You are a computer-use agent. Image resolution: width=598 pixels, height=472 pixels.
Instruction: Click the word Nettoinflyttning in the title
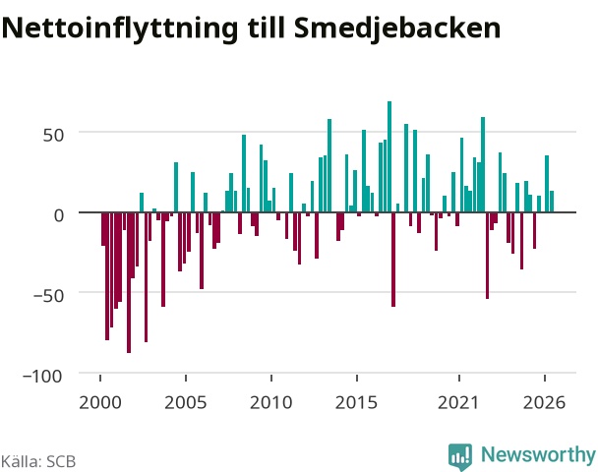point(120,29)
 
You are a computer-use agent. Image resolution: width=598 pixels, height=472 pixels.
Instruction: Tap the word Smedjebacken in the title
point(397,29)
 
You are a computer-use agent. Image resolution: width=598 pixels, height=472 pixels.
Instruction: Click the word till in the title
point(267,28)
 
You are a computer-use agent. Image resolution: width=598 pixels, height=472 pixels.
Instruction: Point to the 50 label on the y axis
point(53,135)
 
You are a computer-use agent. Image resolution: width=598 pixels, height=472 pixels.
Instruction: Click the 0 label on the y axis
point(59,215)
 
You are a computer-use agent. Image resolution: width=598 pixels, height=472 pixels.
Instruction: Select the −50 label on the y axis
point(48,295)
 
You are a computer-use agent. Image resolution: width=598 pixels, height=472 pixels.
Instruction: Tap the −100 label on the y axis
point(42,377)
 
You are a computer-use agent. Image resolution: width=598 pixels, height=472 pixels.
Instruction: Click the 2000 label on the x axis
point(100,402)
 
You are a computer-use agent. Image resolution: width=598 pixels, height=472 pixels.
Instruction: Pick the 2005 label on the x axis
point(186,402)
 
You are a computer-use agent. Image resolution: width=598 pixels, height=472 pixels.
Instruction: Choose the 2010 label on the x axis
point(271,402)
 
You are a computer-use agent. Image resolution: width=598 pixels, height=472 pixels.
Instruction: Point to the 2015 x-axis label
point(357,402)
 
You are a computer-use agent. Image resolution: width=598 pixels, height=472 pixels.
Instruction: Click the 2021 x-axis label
point(458,402)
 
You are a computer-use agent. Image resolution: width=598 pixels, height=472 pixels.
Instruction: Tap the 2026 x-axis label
point(545,402)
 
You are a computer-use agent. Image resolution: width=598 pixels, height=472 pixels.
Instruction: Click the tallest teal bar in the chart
point(389,156)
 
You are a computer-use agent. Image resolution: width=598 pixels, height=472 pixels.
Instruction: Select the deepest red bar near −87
point(129,282)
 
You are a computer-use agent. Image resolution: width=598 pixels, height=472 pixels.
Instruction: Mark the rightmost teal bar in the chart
point(552,202)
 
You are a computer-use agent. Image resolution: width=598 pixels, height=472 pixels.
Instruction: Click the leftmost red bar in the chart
point(103,229)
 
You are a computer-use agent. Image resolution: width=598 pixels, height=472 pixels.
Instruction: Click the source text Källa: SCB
point(38,461)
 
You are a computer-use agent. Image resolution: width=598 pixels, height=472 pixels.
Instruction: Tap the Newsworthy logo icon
point(460,456)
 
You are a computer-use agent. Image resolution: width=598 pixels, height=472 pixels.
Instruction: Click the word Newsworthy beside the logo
point(538,454)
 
